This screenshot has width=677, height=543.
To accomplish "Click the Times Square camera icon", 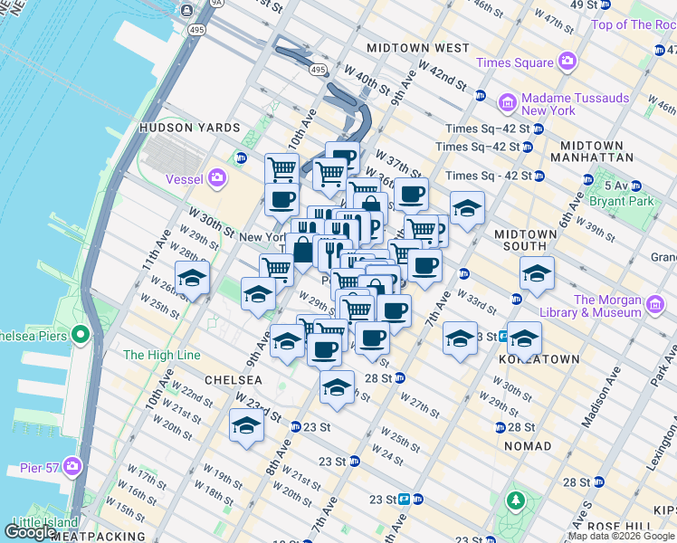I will pos(567,62).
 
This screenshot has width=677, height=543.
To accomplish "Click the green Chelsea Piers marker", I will pos(81,337).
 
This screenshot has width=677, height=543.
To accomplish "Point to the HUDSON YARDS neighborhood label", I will pos(189,129).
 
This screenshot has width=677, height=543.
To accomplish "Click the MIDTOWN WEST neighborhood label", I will pos(417,47).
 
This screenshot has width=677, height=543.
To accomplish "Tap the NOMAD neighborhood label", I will pos(529,446).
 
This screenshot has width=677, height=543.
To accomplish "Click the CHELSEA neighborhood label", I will pos(233,380).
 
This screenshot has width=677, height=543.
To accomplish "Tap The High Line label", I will pos(161,355).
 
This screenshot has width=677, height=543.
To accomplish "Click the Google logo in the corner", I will pos(30,531).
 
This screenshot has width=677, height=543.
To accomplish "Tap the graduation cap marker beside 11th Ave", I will pos(193,278).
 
